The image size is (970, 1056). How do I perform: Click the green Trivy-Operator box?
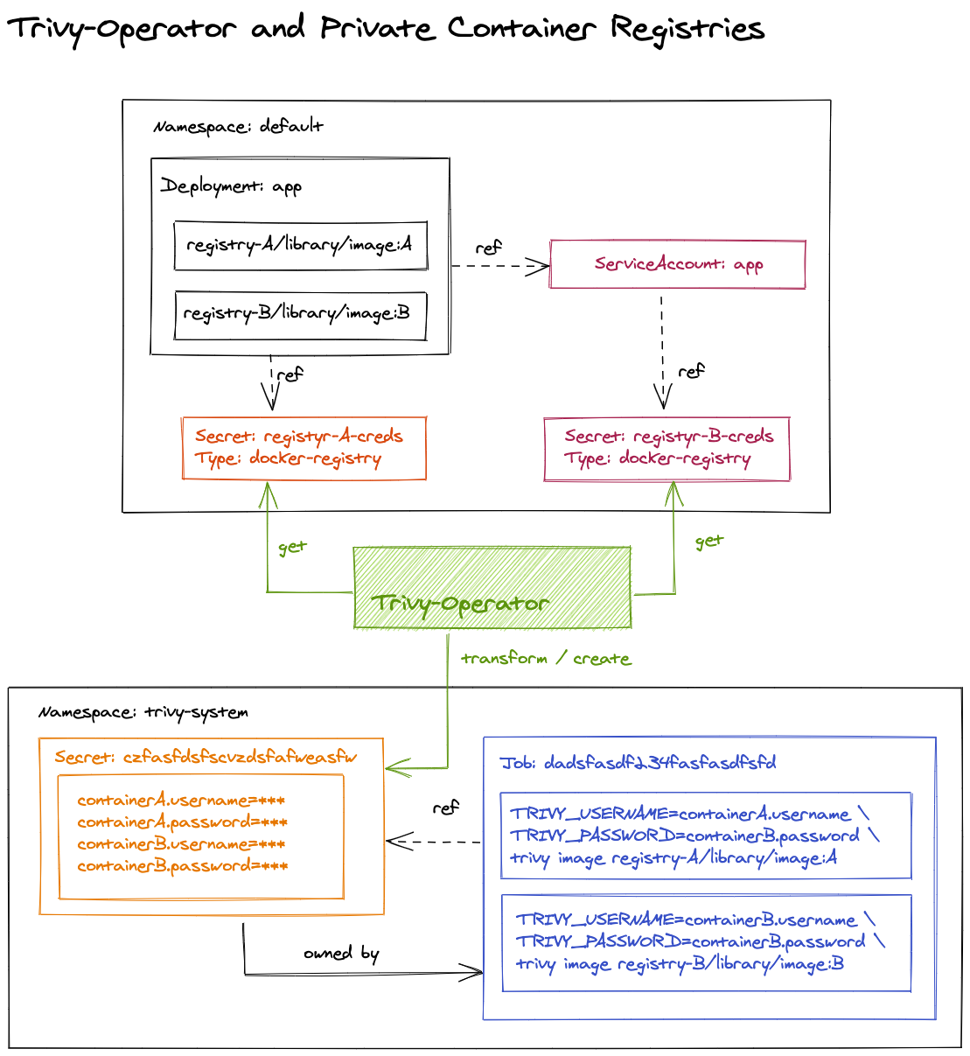(x=492, y=588)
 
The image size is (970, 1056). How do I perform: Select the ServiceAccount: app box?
(x=678, y=264)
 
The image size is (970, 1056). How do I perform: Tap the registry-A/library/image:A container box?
(x=301, y=246)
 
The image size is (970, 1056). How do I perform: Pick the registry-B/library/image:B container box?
(x=301, y=315)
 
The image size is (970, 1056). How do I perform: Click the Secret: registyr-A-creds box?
(x=304, y=448)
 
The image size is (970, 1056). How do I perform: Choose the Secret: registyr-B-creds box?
(x=666, y=449)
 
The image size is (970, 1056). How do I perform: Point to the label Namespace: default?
(x=238, y=127)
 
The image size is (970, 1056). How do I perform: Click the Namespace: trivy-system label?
(x=143, y=712)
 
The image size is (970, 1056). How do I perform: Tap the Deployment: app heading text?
(x=231, y=186)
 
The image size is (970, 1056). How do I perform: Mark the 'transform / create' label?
(x=546, y=659)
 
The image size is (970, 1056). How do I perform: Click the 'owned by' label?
(x=341, y=953)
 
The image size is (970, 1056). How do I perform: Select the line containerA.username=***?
(x=181, y=801)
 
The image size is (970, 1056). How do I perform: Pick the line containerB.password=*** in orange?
(x=182, y=866)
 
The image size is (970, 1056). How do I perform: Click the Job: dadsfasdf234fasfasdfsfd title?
(x=638, y=763)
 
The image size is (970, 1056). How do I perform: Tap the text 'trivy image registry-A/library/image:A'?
(x=673, y=858)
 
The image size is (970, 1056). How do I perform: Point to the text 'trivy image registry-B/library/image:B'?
(x=680, y=964)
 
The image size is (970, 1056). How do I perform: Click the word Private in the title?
(x=377, y=29)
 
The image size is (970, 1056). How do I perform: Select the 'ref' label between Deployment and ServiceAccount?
(x=488, y=248)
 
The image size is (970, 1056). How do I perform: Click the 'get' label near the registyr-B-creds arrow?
(x=708, y=542)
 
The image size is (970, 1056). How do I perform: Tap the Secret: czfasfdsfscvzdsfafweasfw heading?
(x=206, y=758)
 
